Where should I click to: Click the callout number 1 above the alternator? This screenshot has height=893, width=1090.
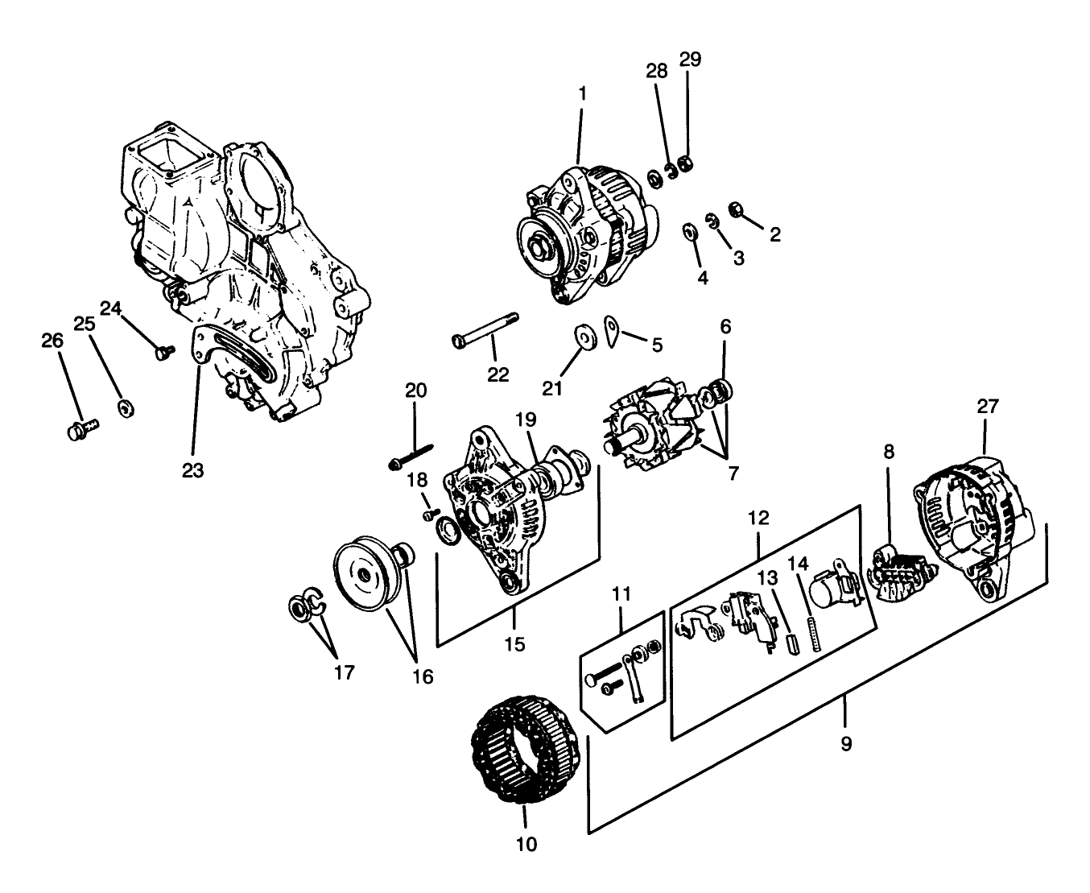click(582, 93)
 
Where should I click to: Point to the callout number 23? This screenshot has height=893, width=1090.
click(193, 470)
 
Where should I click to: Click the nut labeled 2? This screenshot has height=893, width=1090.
click(735, 210)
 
